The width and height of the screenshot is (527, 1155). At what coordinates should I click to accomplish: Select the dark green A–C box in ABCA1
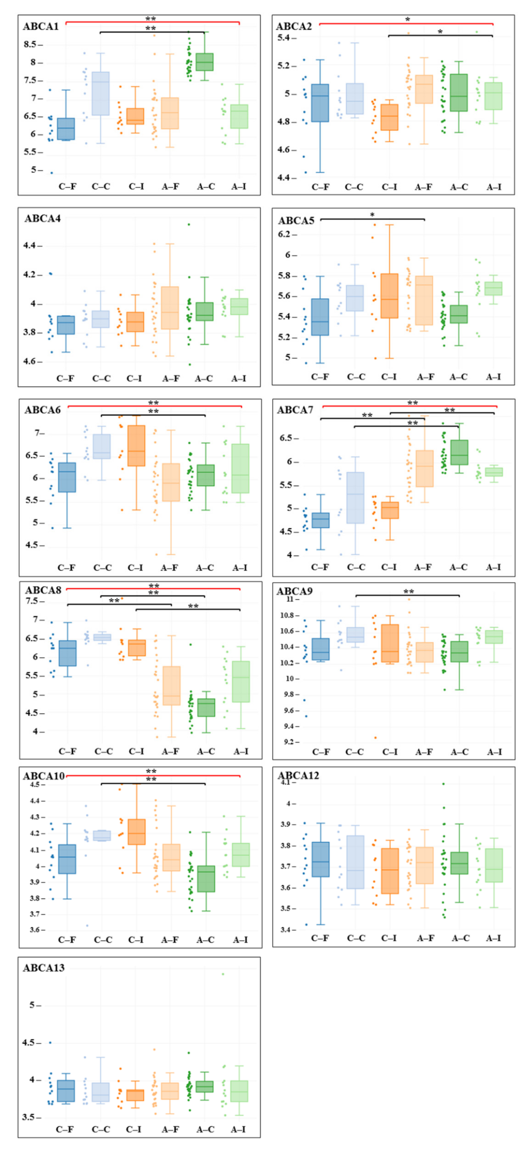[x=204, y=62]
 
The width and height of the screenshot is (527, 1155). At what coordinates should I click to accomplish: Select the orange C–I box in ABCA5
[x=389, y=296]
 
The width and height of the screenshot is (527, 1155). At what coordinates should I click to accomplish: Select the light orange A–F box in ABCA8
[x=171, y=686]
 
